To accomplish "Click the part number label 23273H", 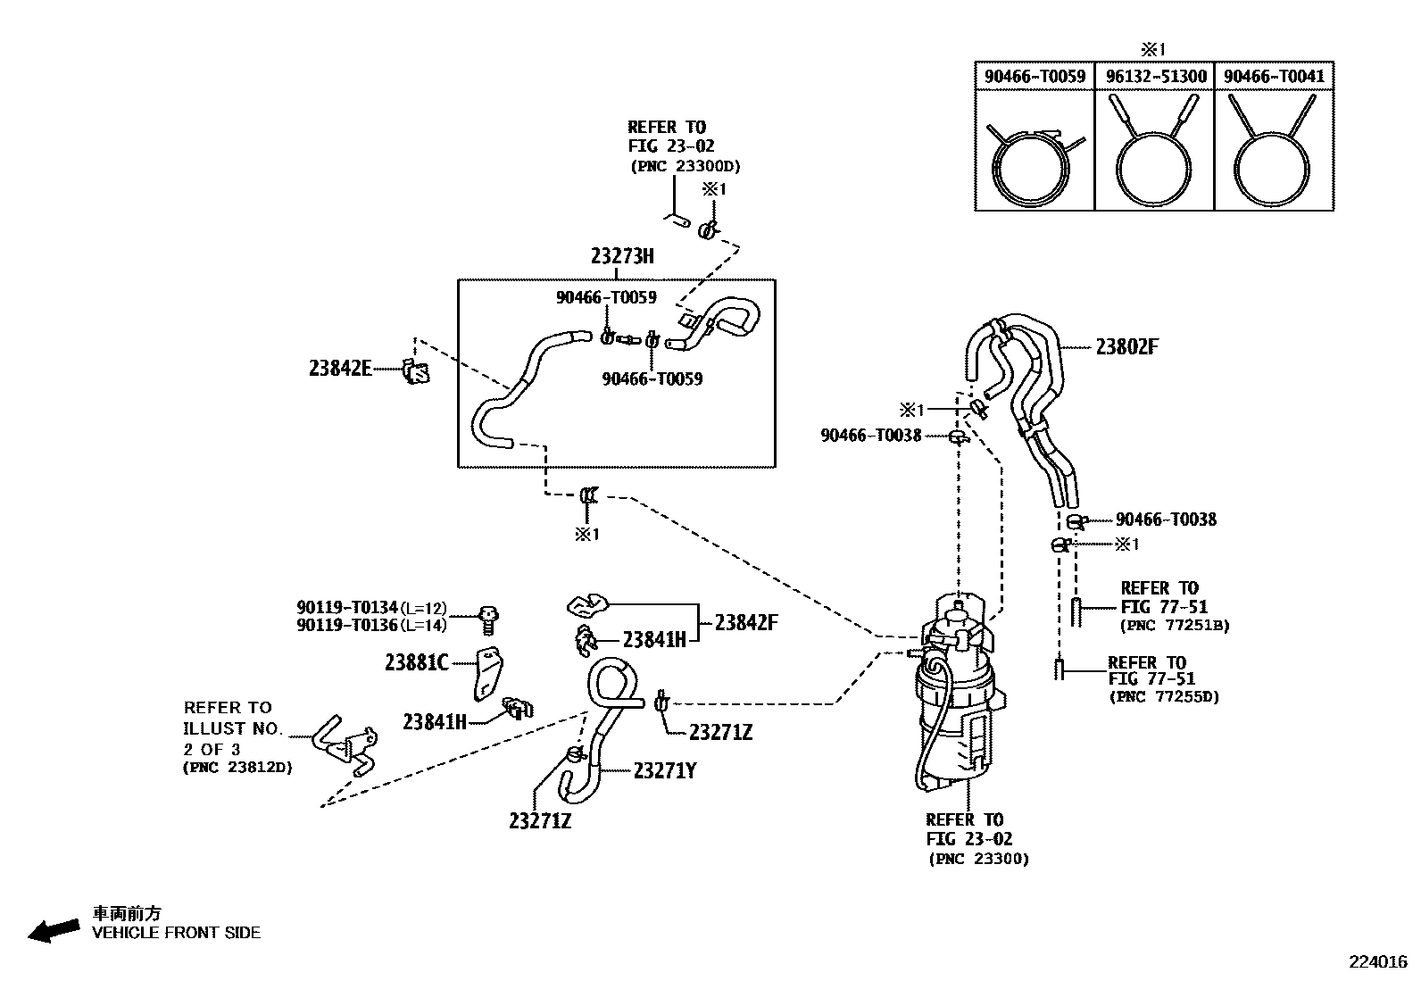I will coord(621,256).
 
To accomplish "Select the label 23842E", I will coord(340,368).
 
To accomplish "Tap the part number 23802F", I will coord(1126,347).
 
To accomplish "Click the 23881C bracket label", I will coord(416,662).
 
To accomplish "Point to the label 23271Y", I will coord(664,769).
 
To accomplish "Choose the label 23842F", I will coord(745,622).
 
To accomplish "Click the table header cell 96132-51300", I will coord(1155,77).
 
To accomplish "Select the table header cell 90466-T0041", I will coord(1274,77).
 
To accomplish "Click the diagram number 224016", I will coord(1377,961).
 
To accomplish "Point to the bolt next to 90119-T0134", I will coord(488,615).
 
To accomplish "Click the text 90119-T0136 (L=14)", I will coord(371,625).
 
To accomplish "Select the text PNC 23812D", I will coord(237,767).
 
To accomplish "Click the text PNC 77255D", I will coord(1163,697).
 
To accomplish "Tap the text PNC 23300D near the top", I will coord(685,166).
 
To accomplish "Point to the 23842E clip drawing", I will coord(415,370).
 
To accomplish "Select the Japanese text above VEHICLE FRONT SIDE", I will coord(128,913).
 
